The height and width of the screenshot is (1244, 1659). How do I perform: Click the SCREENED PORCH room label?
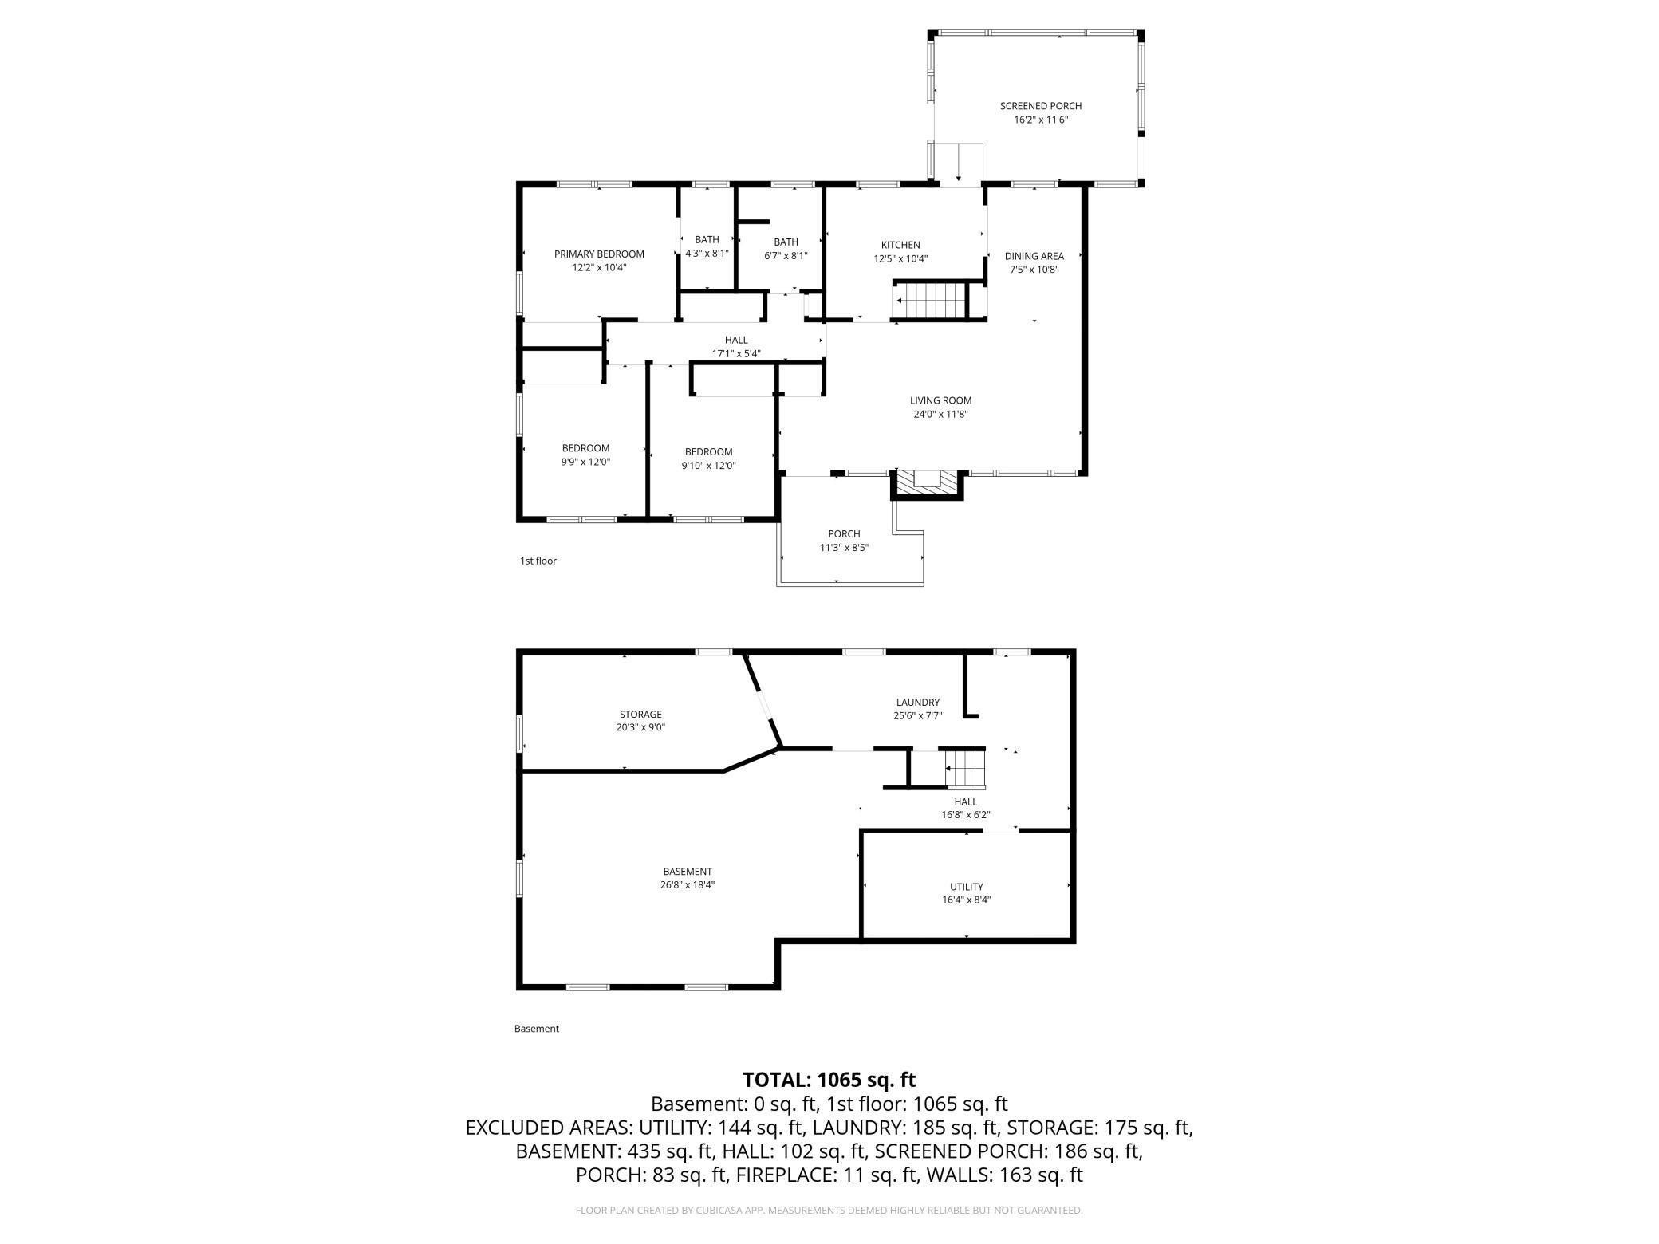click(x=1040, y=106)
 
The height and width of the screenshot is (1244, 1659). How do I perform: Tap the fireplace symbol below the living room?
click(x=927, y=483)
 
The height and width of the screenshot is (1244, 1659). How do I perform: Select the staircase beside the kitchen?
click(x=932, y=301)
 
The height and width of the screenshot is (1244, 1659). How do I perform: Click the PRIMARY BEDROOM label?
click(x=599, y=254)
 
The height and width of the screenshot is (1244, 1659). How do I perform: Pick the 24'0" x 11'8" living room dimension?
click(x=940, y=415)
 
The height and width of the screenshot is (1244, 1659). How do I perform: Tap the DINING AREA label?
click(x=1034, y=256)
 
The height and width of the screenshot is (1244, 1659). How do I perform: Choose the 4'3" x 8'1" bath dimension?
click(x=707, y=254)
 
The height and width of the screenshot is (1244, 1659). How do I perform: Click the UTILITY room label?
click(x=966, y=887)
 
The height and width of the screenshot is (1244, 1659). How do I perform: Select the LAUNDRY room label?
click(x=917, y=703)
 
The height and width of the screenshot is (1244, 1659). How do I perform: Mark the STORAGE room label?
click(x=640, y=715)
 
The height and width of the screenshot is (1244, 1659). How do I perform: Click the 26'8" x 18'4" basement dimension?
click(x=687, y=885)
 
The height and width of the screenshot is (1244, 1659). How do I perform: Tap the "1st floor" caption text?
click(x=538, y=561)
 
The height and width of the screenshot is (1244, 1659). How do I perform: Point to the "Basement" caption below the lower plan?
click(x=536, y=1029)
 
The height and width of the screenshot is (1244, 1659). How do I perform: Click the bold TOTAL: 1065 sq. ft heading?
click(x=829, y=1080)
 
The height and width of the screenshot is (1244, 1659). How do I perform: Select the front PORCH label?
click(x=844, y=534)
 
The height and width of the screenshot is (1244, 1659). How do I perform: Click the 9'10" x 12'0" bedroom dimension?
click(x=708, y=466)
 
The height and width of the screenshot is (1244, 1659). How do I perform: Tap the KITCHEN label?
click(x=900, y=245)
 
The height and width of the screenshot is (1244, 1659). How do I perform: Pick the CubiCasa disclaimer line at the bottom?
click(x=829, y=1211)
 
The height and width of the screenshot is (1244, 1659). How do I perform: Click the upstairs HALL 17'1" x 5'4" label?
click(x=736, y=347)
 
